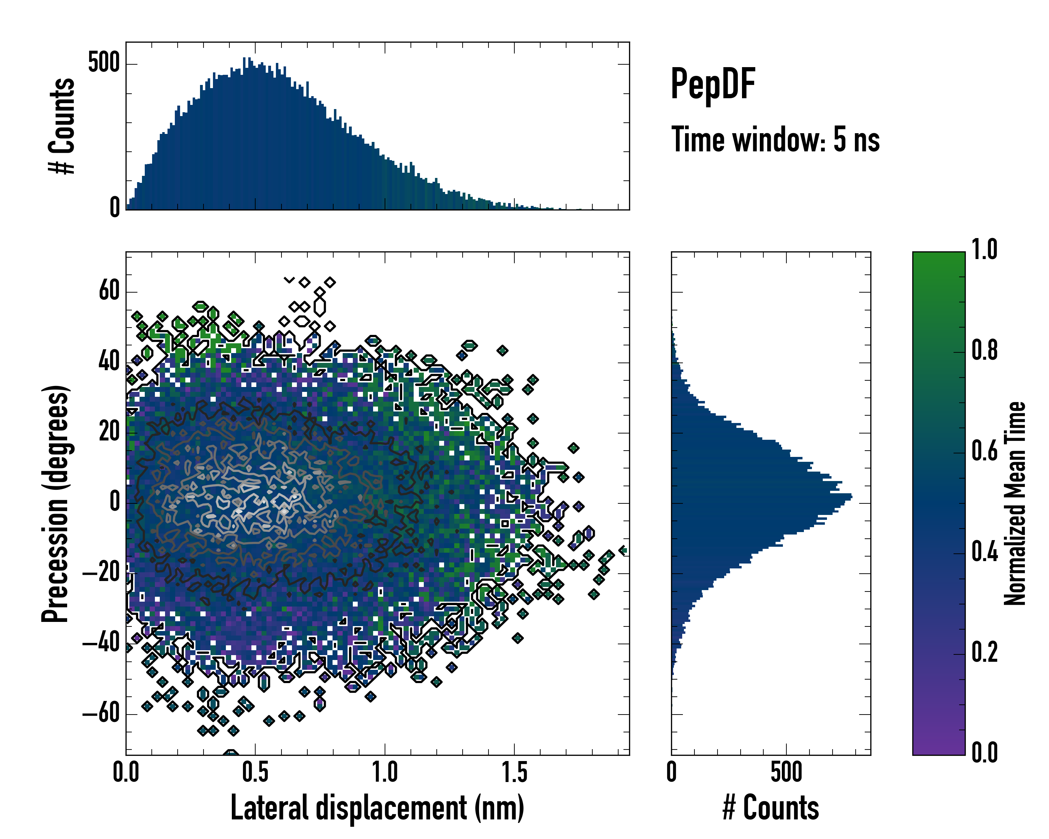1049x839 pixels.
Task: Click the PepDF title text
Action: pos(713,84)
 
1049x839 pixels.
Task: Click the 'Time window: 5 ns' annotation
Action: pos(776,139)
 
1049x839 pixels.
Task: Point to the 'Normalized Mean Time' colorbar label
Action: pos(1015,503)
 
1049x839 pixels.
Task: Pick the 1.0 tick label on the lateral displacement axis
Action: pos(385,772)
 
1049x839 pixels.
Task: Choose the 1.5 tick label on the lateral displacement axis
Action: pos(514,772)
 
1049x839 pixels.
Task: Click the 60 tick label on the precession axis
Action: pos(109,292)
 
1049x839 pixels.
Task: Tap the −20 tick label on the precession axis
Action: pos(101,573)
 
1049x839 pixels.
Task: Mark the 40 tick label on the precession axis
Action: pos(109,363)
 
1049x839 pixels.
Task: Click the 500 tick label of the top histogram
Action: pos(104,63)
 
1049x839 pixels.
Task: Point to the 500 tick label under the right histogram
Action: pos(786,772)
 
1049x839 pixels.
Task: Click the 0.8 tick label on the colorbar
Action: pos(984,351)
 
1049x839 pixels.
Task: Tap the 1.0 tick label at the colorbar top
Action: pos(984,250)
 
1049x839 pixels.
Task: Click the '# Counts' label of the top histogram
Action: pos(62,126)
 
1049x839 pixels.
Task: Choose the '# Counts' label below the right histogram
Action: pos(771,808)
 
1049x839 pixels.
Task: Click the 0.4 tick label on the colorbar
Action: pos(984,552)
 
